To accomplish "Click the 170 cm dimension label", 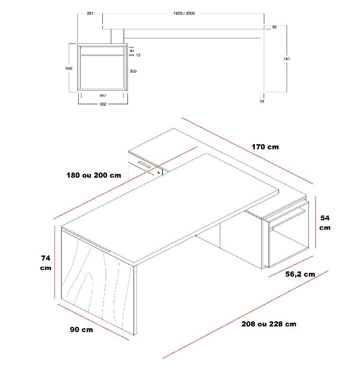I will tap(265, 147).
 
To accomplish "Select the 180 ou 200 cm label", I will tap(93, 175).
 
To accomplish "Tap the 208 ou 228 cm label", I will tap(269, 324).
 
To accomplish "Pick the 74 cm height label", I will tap(45, 263).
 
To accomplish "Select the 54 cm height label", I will tap(325, 223).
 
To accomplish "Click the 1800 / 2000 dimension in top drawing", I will tap(184, 13).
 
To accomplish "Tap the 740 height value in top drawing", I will tap(286, 59).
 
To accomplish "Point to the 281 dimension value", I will tap(90, 13).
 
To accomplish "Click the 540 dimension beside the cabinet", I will tap(69, 69).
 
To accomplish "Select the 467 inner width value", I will tap(103, 95).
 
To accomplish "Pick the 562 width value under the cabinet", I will tap(103, 104).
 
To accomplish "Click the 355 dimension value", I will tap(133, 71).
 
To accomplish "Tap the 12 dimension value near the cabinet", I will tap(138, 55).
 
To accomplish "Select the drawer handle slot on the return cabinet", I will tap(144, 165).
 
